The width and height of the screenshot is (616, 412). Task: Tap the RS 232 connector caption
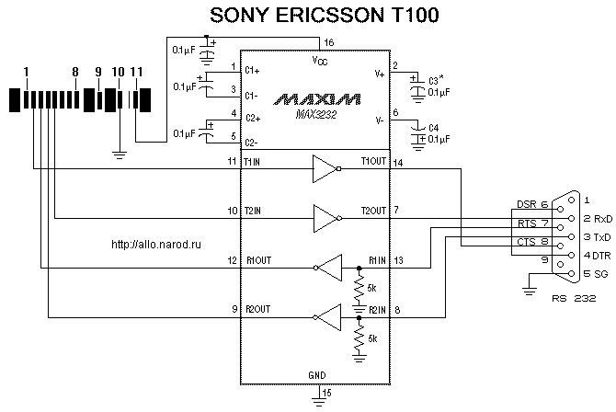point(574,298)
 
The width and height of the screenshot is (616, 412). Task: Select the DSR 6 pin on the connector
point(531,205)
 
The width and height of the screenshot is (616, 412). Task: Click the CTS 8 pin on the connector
point(531,242)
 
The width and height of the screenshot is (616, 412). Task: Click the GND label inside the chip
point(316,375)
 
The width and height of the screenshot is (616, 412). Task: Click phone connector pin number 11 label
point(136,71)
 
